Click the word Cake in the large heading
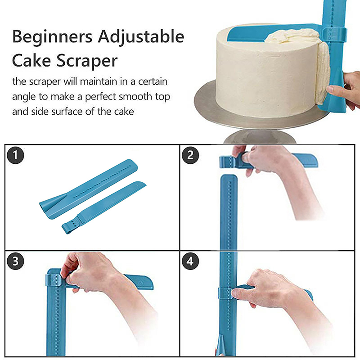coord(31,61)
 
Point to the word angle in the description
coord(23,97)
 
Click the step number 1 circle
coord(15,155)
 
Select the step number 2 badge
coord(190,155)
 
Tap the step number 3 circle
coord(15,261)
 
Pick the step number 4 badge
coord(190,261)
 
